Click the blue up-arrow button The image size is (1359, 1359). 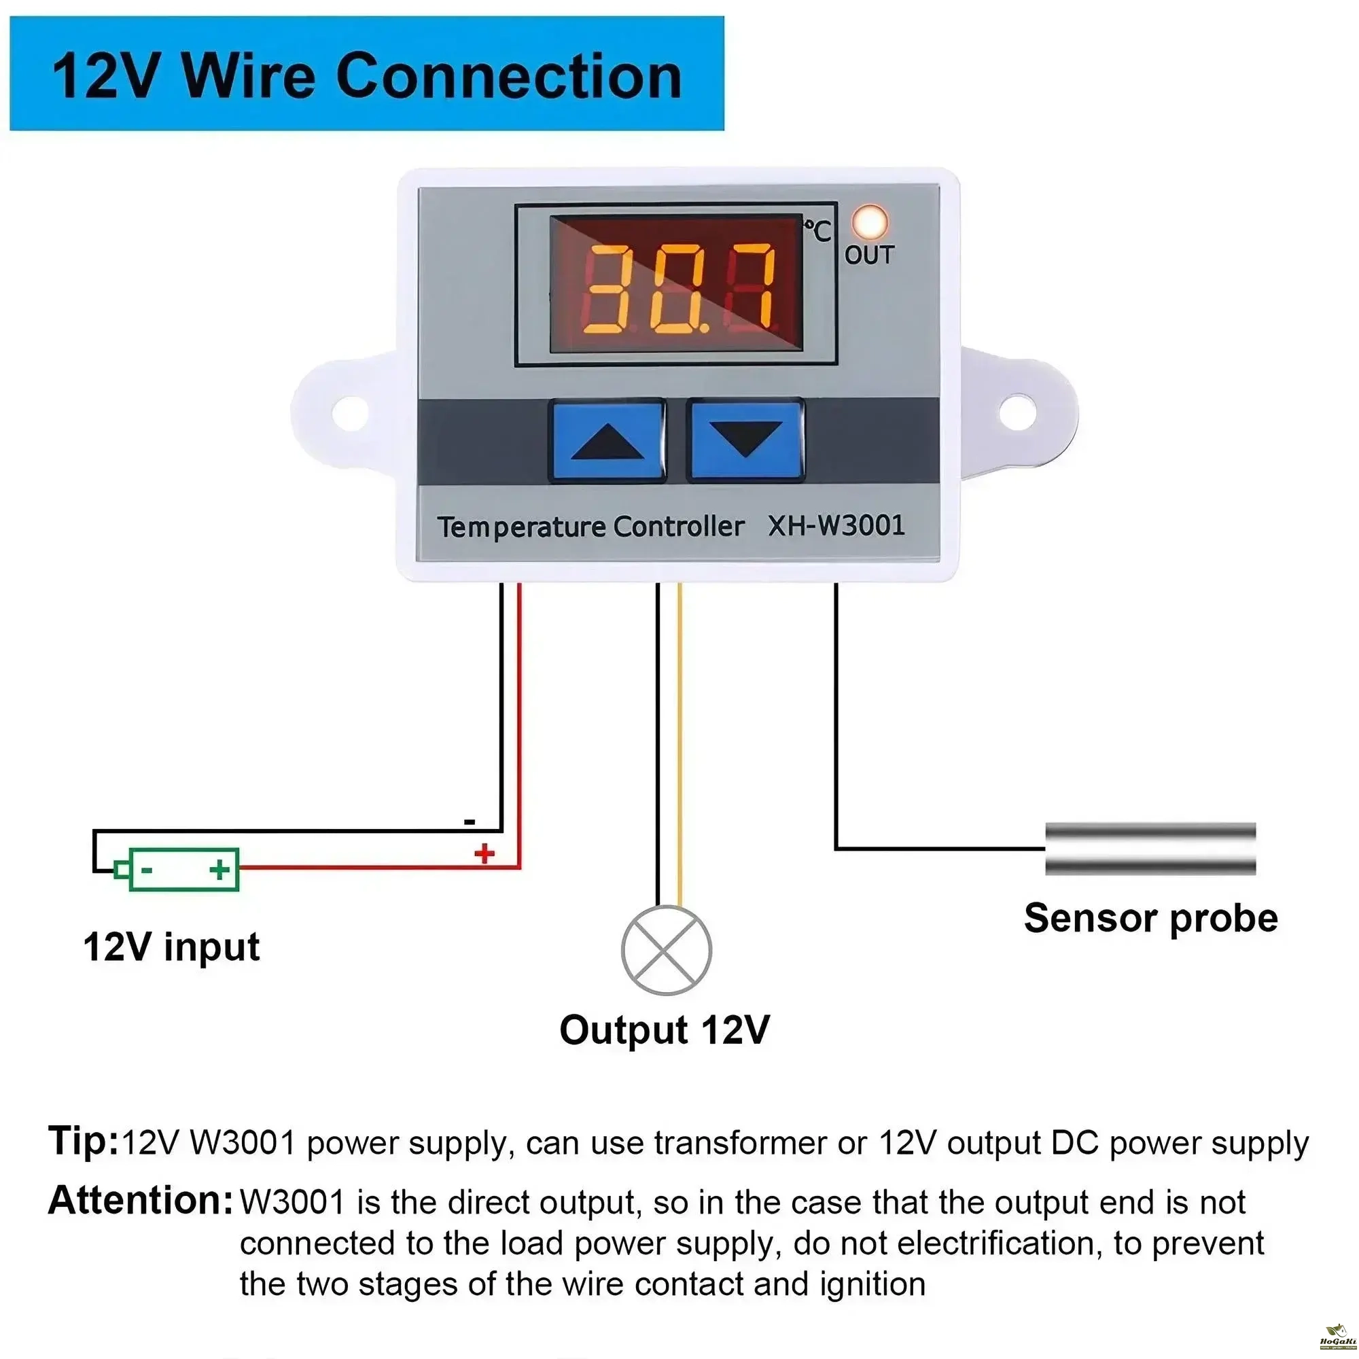tap(607, 440)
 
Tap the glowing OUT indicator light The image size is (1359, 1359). tap(870, 222)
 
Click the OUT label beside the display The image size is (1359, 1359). tap(870, 255)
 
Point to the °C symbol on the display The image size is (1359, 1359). tap(818, 230)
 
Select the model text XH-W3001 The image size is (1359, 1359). tap(836, 525)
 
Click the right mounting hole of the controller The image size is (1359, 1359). tap(1017, 413)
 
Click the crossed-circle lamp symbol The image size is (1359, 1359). tap(666, 950)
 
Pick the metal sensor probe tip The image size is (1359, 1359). tap(1150, 849)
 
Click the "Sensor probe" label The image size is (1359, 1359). tap(1151, 918)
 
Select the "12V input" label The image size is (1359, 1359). tap(172, 947)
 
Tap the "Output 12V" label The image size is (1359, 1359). tap(665, 1030)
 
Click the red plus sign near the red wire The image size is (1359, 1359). tap(484, 853)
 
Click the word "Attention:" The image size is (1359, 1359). tap(140, 1200)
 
